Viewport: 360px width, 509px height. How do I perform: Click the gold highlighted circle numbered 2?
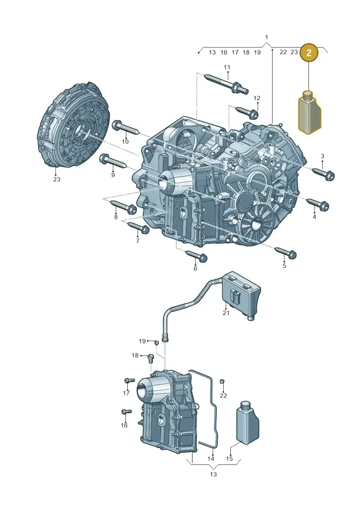click(x=309, y=52)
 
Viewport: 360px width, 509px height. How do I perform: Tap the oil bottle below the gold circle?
click(x=310, y=113)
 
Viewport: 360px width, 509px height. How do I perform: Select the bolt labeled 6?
click(x=196, y=256)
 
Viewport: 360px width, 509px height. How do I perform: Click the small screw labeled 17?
click(x=130, y=380)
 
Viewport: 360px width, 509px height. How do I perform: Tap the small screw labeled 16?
click(x=126, y=412)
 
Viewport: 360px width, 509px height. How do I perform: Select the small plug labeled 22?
click(x=222, y=381)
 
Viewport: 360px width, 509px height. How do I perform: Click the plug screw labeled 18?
click(x=151, y=358)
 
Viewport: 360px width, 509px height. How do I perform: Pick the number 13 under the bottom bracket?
click(x=213, y=474)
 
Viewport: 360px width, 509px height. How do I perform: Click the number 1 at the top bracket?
click(x=266, y=37)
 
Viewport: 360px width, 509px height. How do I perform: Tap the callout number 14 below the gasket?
click(x=211, y=459)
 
